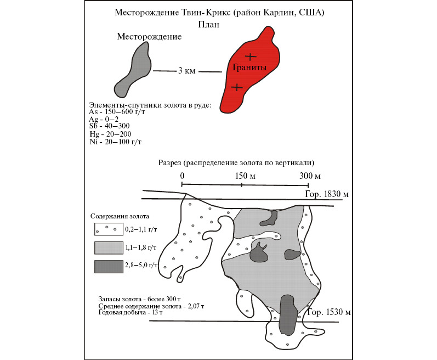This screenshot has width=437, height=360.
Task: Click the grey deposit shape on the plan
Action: [134, 71]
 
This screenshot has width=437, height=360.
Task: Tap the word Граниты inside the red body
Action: [249, 67]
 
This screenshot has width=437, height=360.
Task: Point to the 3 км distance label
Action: [187, 71]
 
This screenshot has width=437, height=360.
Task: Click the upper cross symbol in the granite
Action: [251, 57]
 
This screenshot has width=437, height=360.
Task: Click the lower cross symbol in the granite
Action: [237, 87]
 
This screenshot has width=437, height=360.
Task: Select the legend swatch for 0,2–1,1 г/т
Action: [109, 229]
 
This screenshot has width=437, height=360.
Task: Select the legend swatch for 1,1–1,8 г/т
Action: [109, 248]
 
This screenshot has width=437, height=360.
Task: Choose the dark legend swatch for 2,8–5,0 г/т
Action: [109, 267]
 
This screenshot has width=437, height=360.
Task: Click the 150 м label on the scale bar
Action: [245, 176]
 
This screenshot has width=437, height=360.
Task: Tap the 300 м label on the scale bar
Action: [310, 176]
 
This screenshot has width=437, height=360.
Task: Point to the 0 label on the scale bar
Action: [182, 176]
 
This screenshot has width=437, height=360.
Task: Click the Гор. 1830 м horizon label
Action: [327, 194]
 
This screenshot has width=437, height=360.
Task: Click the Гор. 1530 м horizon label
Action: [328, 312]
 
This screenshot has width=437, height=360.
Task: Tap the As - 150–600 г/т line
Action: [117, 112]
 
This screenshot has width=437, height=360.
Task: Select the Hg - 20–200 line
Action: [110, 134]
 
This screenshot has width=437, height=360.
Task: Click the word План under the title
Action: [209, 25]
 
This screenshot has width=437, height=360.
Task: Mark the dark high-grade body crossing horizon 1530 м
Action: [287, 314]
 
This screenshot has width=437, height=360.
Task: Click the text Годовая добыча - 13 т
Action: [130, 312]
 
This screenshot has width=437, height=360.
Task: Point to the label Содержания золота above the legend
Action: [120, 216]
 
